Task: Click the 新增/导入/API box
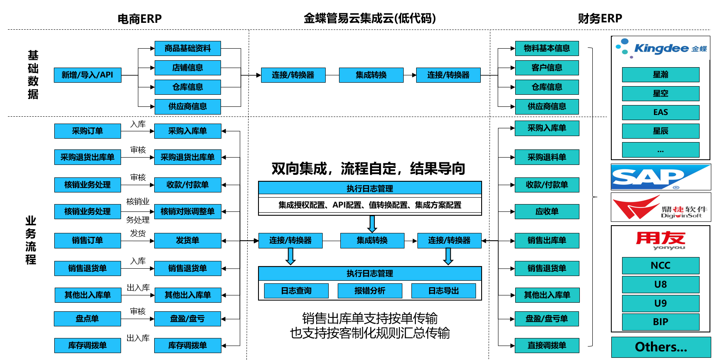tap(87, 75)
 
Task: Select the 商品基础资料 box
tap(187, 48)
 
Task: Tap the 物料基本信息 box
tap(547, 48)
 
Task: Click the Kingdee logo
tap(660, 49)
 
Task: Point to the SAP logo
tap(660, 177)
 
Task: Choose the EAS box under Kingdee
tap(660, 112)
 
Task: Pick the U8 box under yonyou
tap(660, 284)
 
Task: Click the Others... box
tap(660, 347)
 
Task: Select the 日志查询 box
tap(296, 291)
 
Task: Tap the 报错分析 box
tap(370, 291)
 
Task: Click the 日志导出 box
tap(443, 291)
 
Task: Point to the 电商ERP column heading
tap(140, 19)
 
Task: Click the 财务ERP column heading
tap(600, 19)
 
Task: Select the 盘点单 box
tap(87, 319)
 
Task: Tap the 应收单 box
tap(547, 211)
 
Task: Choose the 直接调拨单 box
tap(547, 345)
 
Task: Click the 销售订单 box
tap(87, 240)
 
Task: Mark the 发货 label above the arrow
tap(138, 233)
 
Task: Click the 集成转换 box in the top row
tap(371, 75)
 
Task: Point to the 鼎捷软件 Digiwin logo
tap(660, 207)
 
